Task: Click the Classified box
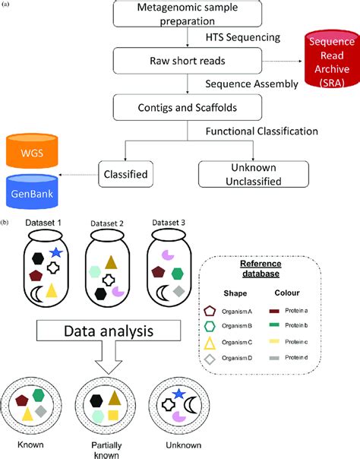click(125, 173)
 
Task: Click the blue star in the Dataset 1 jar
click(55, 252)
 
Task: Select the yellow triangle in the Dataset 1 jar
click(52, 290)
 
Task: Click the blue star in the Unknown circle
click(178, 393)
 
